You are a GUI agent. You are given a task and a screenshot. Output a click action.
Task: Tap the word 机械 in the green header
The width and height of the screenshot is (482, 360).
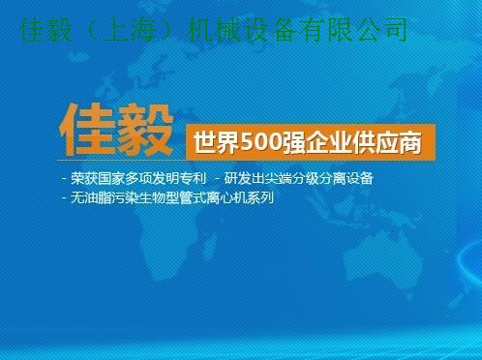click(214, 30)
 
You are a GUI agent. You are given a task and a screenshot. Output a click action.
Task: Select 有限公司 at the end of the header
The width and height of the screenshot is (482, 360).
click(354, 30)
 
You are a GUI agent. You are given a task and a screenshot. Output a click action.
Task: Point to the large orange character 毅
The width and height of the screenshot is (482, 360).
click(145, 130)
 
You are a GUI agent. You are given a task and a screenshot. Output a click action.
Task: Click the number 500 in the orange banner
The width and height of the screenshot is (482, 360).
click(261, 142)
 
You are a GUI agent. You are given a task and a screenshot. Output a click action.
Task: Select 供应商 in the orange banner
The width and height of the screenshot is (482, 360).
click(387, 142)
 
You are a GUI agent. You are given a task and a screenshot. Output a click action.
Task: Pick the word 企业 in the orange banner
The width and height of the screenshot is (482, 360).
click(329, 142)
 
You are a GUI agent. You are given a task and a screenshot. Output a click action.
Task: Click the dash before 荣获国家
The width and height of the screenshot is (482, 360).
click(64, 178)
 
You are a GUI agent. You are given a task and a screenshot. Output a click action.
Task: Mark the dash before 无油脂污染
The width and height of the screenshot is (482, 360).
click(64, 197)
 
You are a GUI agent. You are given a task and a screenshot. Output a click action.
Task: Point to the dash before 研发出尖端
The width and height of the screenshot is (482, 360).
click(218, 178)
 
